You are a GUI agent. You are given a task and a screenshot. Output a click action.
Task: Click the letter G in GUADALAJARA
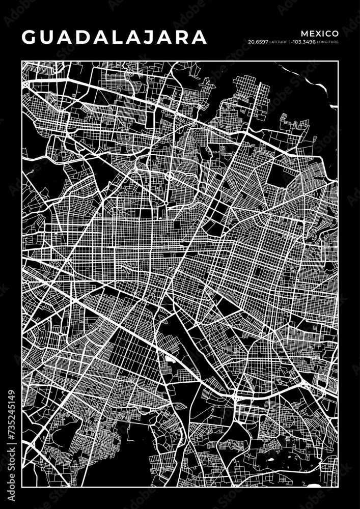click(x=30, y=37)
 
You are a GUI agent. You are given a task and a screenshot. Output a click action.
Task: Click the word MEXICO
click(x=320, y=33)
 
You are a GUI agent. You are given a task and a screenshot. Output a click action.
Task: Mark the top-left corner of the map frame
click(x=22, y=62)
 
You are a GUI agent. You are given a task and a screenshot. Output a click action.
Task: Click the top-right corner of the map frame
click(x=339, y=62)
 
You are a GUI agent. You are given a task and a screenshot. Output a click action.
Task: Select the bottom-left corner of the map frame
click(x=22, y=488)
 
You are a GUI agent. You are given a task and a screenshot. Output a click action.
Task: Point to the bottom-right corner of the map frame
click(x=339, y=488)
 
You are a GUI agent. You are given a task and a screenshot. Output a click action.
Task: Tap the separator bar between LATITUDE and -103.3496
click(x=289, y=42)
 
